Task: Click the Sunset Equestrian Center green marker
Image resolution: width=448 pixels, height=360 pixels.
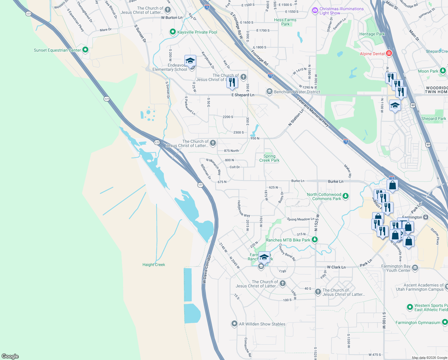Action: (x=85, y=50)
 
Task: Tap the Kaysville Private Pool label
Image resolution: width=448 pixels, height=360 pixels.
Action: (x=197, y=32)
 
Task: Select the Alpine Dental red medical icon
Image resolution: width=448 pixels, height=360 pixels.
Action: (x=389, y=53)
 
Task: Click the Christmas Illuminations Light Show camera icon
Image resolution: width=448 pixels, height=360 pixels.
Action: (x=315, y=11)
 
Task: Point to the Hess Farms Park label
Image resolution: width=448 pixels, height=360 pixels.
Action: (x=285, y=22)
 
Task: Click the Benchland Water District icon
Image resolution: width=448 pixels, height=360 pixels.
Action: (x=269, y=91)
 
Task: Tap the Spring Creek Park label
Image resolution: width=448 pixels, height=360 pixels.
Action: (x=269, y=158)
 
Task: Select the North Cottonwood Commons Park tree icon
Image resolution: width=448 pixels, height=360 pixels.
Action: (x=346, y=196)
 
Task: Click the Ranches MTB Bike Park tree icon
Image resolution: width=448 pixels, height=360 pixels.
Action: (x=314, y=240)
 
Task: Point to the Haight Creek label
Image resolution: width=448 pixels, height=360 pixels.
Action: (x=154, y=265)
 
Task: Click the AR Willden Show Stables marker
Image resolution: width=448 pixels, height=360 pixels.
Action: (x=234, y=324)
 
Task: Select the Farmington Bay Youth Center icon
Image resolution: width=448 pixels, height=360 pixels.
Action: (x=415, y=268)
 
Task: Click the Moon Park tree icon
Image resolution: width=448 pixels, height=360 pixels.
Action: (x=443, y=71)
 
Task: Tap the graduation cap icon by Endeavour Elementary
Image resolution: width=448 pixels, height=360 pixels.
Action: (x=190, y=61)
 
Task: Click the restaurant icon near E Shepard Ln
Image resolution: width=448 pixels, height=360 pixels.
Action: (x=232, y=82)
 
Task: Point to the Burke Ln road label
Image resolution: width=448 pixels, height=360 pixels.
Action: (x=335, y=181)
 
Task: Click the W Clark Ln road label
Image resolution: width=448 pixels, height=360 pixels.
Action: (x=336, y=267)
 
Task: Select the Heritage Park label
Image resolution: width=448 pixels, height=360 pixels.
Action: (x=372, y=34)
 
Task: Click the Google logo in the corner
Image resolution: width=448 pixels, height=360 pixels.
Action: (x=10, y=356)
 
